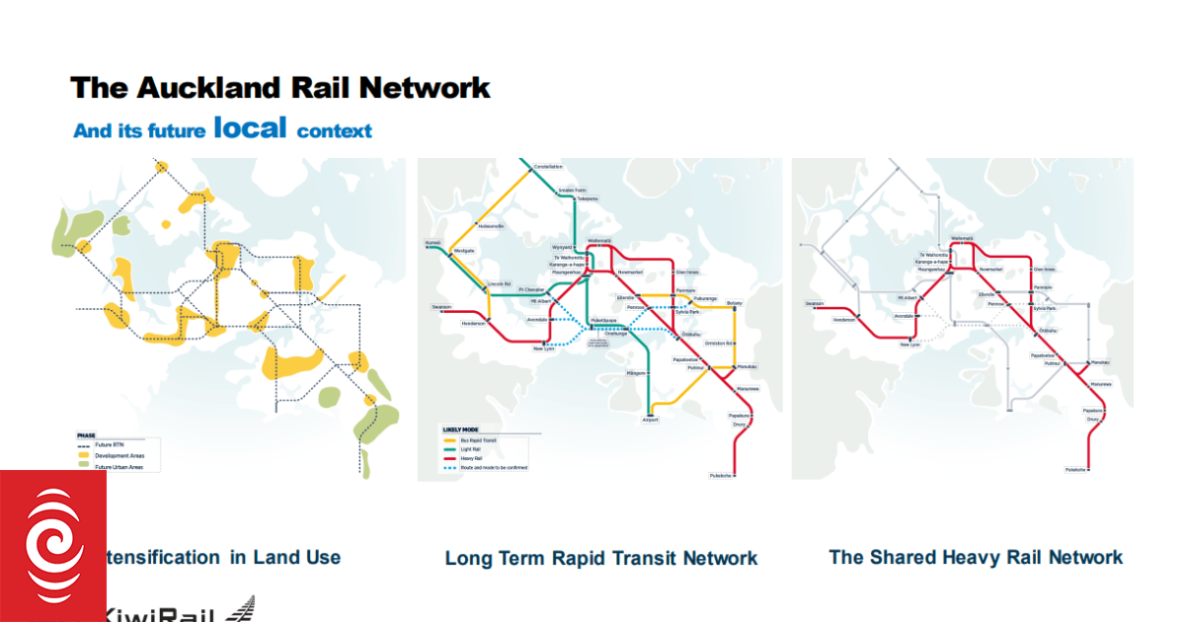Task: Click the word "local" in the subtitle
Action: (x=250, y=127)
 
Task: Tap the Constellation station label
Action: (x=548, y=167)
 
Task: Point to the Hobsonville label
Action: (x=491, y=226)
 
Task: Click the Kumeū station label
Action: (x=433, y=243)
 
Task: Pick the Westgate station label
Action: (x=463, y=251)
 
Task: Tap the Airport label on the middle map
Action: (x=650, y=420)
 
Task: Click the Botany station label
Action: (x=734, y=302)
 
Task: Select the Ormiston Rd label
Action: (x=718, y=343)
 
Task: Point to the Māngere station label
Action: (x=636, y=373)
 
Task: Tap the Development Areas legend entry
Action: (x=115, y=456)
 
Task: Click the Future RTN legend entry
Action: (x=109, y=445)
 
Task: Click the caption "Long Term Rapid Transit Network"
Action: (x=601, y=558)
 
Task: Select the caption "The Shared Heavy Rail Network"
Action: (x=976, y=557)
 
